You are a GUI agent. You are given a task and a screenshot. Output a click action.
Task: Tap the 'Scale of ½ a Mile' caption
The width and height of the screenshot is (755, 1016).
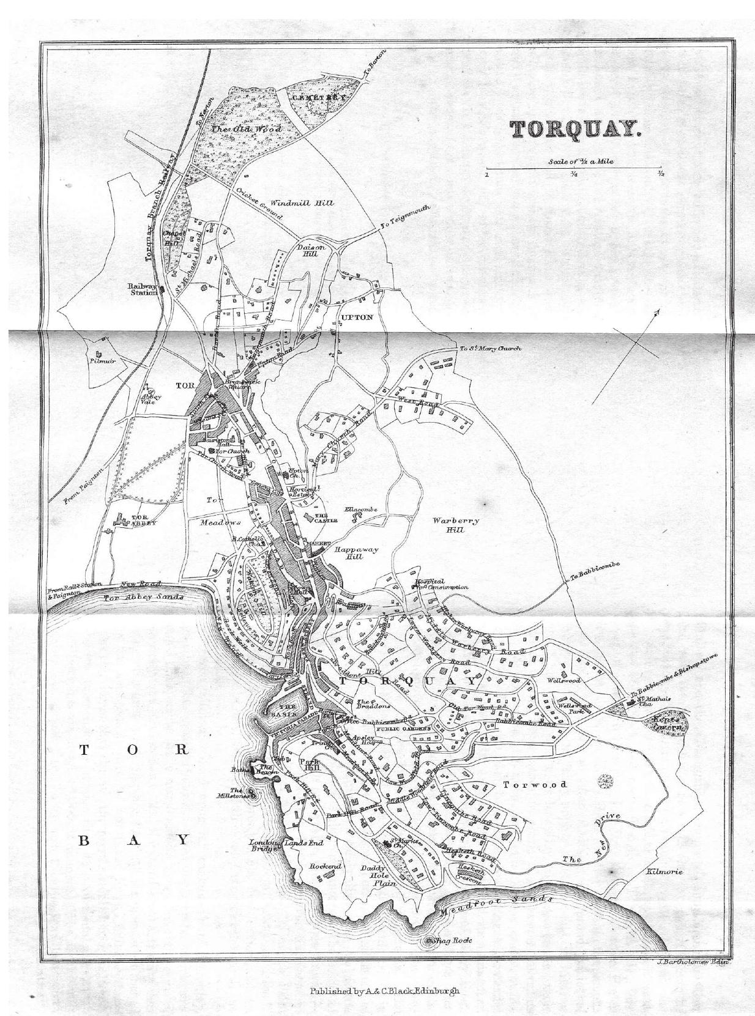click(573, 162)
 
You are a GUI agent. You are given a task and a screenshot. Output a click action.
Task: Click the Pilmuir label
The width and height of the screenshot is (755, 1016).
click(98, 361)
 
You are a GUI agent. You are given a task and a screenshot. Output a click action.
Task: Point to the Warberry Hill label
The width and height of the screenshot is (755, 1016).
click(455, 525)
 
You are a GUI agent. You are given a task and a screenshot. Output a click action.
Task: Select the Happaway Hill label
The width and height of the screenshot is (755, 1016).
click(356, 553)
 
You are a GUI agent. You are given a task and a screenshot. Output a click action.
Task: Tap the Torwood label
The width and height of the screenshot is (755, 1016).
click(534, 784)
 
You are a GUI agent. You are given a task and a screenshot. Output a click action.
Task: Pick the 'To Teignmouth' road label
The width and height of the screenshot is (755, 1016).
click(405, 217)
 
